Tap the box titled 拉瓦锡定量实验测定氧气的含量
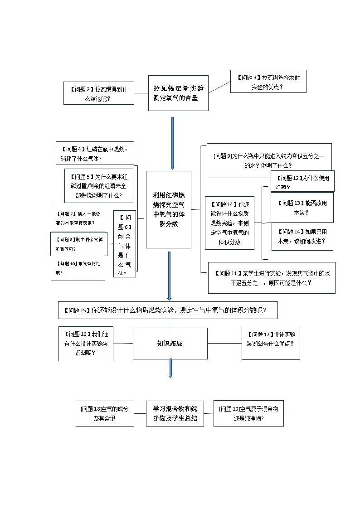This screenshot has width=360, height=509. click(178, 93)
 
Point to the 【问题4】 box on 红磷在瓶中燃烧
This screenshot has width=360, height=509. click(95, 153)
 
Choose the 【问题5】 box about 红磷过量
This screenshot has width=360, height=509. click(99, 186)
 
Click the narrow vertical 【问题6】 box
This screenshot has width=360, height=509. click(124, 244)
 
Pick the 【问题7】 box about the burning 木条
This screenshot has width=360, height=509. click(78, 218)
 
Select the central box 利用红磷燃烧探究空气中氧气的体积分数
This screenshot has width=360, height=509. click(169, 209)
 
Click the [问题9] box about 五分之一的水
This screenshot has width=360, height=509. click(269, 160)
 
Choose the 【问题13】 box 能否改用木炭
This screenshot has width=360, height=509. click(302, 207)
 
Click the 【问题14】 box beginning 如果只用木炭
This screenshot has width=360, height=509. click(302, 236)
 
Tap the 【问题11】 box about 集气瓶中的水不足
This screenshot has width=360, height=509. click(272, 277)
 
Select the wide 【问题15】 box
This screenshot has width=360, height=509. click(168, 310)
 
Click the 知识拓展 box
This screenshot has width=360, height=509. click(170, 343)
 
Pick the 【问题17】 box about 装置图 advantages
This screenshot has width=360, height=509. click(270, 343)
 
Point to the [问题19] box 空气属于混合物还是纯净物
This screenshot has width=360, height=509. click(248, 413)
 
